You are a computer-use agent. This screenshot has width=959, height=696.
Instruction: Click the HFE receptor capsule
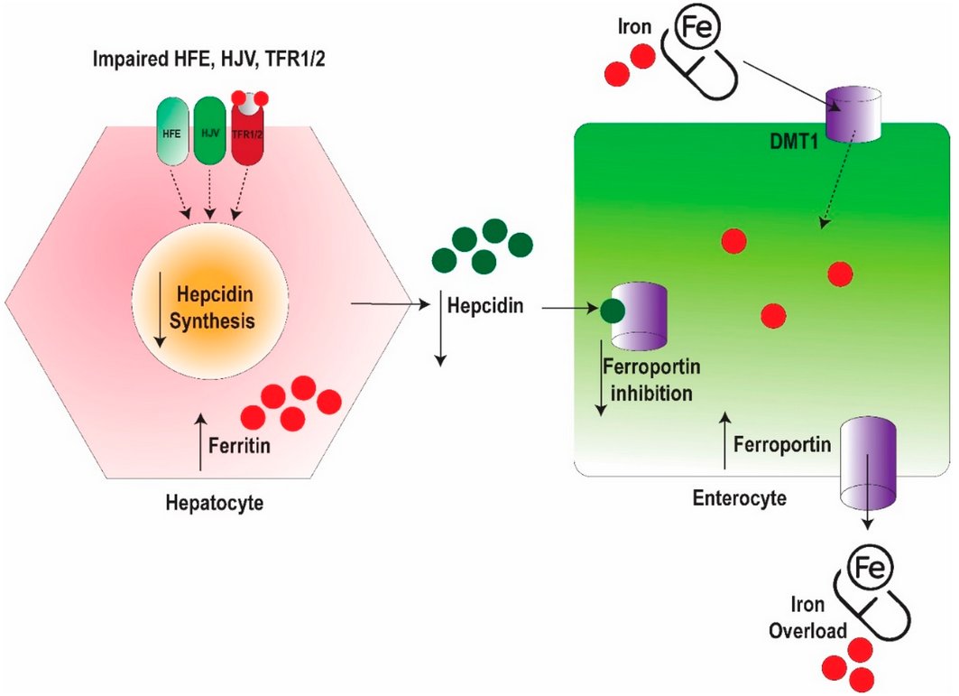click(172, 131)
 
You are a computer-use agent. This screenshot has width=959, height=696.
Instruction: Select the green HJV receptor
click(210, 131)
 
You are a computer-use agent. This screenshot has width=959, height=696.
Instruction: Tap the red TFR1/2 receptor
click(247, 131)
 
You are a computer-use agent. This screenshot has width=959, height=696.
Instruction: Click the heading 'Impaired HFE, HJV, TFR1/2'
click(208, 60)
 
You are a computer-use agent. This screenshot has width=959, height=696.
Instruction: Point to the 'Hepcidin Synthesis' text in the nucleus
click(212, 307)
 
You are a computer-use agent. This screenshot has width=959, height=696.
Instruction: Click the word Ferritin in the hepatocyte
click(239, 446)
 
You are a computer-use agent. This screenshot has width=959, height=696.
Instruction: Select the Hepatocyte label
click(215, 503)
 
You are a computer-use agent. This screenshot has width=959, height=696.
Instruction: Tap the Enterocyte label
click(740, 497)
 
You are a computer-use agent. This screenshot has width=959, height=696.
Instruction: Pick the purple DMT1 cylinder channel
click(853, 114)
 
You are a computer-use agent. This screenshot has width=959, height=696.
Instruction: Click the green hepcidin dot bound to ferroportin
click(613, 311)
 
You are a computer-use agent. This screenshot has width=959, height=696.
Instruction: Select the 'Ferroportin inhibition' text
click(651, 379)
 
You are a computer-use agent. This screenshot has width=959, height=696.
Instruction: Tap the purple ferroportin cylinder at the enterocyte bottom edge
click(868, 463)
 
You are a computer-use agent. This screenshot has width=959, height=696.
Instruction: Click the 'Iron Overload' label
click(807, 617)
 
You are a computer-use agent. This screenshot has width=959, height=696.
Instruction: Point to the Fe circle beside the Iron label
click(696, 27)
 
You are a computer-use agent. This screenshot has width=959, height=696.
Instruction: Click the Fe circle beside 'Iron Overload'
click(869, 568)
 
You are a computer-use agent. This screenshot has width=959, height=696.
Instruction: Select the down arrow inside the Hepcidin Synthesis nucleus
click(161, 310)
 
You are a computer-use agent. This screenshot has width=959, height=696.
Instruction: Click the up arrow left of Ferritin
click(200, 441)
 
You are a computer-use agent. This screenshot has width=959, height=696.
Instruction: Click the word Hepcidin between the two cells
click(485, 305)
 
